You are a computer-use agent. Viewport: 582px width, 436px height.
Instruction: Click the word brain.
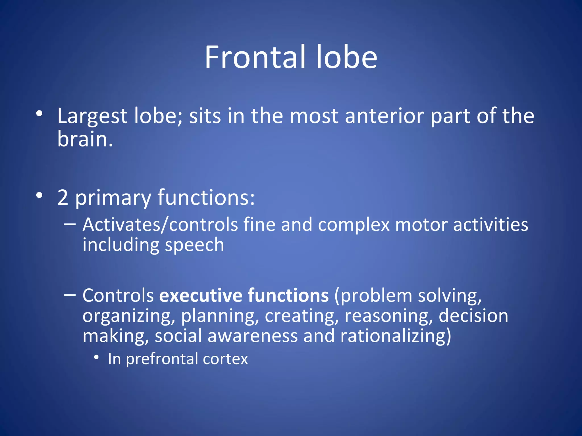tap(85, 139)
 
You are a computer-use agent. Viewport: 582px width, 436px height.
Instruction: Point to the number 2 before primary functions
tap(63, 198)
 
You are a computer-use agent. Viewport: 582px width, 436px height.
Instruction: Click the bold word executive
tap(200, 295)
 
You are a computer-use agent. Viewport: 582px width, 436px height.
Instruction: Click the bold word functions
tap(288, 295)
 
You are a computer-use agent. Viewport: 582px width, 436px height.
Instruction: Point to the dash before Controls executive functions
tap(70, 295)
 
